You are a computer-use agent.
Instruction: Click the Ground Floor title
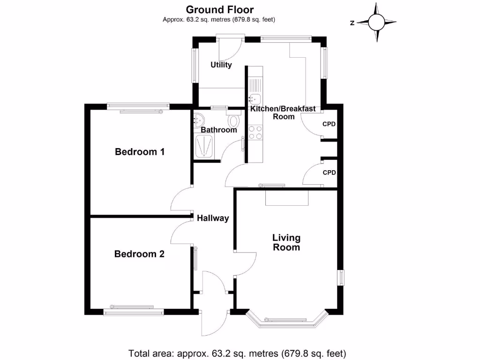(220, 9)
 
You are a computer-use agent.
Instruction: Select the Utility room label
(221, 65)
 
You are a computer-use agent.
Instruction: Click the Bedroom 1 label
(140, 152)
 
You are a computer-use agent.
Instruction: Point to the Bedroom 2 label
(139, 254)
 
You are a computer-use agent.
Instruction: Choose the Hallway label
(213, 218)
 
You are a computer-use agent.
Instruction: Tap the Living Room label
(286, 242)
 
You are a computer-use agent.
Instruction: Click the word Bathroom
(219, 130)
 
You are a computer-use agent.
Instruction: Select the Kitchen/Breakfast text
(283, 109)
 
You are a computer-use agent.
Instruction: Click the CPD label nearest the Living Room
(329, 172)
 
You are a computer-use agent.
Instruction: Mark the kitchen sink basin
(255, 99)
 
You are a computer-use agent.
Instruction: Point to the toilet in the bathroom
(233, 119)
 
